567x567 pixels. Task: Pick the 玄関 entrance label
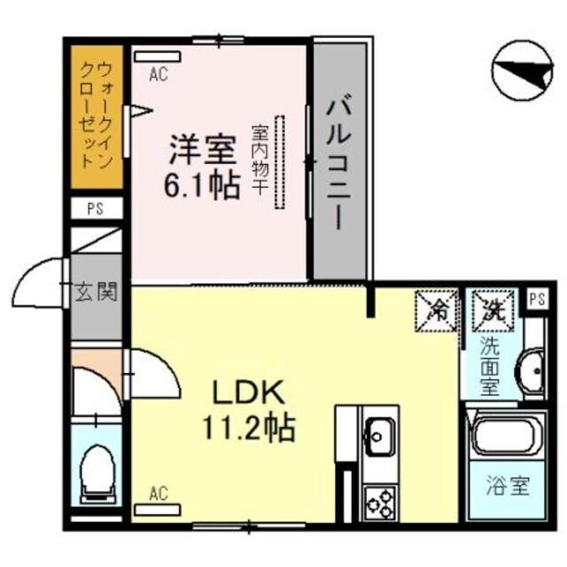[97, 291]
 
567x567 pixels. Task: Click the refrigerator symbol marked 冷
[438, 309]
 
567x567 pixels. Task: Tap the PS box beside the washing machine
[535, 299]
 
